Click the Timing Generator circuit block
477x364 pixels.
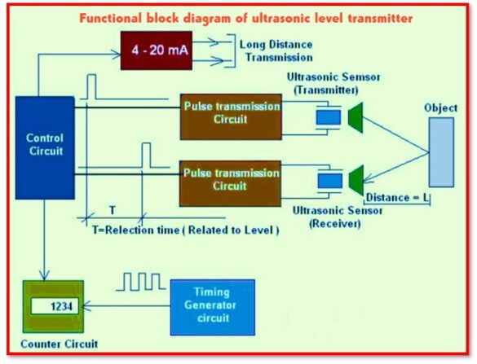click(212, 306)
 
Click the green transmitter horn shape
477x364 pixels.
click(356, 116)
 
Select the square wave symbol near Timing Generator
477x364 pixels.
click(144, 282)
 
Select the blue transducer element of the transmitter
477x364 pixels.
click(328, 116)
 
